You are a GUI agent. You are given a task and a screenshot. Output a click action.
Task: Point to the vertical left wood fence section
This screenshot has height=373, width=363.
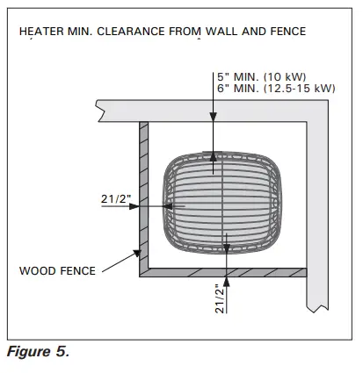143,197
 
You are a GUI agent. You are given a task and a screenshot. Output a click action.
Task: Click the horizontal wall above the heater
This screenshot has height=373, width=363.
202,110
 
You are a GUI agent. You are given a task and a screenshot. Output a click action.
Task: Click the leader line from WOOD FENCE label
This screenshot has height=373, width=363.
118,262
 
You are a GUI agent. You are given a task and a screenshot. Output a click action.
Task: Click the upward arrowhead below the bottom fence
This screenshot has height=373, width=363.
227,281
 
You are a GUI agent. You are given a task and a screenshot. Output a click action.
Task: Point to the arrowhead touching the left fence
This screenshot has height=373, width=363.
134,206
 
